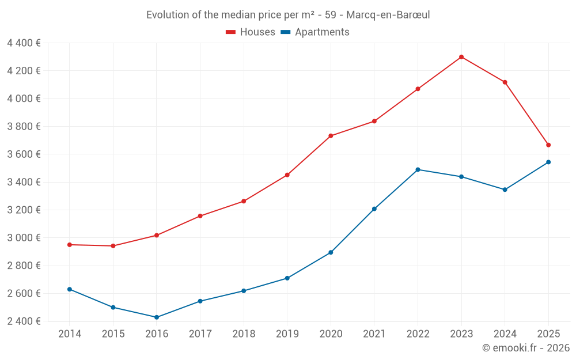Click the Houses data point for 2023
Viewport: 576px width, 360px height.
461,57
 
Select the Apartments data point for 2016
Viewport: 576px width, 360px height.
157,317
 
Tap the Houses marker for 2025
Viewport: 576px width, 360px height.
548,145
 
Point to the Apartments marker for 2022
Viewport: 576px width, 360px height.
418,170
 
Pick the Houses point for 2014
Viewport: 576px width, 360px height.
70,245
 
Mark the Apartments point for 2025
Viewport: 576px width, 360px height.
548,162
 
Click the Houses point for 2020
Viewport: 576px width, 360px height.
331,136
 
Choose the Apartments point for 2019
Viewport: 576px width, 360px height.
287,278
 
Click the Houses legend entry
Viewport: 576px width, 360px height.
250,32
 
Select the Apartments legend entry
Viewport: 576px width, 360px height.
315,32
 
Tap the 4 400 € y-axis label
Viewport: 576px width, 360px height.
24,43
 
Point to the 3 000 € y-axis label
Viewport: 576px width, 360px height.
24,238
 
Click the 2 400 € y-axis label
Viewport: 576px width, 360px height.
24,321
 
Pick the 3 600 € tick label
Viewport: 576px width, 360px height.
24,154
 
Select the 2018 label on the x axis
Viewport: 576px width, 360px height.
244,334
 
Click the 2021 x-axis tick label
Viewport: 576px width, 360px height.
374,334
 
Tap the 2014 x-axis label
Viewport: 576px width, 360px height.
70,334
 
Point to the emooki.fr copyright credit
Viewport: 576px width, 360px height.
525,348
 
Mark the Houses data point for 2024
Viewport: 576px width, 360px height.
505,82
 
